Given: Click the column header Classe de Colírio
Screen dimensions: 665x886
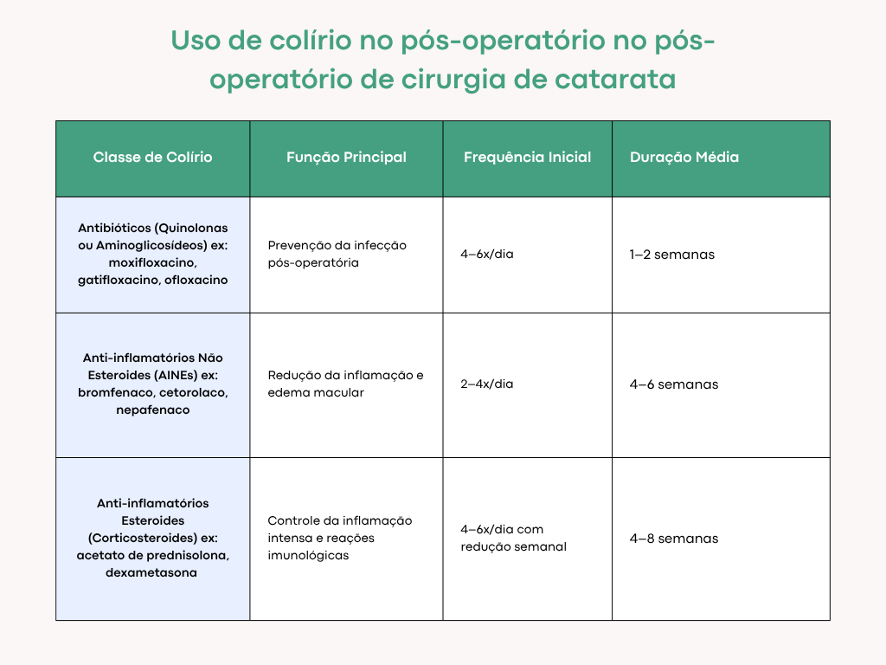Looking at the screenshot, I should click(152, 158).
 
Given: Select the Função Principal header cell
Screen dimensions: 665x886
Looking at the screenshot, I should click(346, 158).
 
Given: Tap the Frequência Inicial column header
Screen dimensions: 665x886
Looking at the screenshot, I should click(527, 158).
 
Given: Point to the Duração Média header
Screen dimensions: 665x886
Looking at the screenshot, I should click(684, 158).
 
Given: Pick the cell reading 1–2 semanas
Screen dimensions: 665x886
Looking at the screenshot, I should click(671, 255).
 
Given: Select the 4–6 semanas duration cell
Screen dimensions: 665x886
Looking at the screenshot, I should click(673, 384).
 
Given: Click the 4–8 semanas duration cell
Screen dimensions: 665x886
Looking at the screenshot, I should click(673, 539).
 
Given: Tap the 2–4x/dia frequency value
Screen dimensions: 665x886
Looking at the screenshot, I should click(486, 384).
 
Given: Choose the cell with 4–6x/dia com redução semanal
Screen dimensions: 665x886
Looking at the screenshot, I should click(513, 538).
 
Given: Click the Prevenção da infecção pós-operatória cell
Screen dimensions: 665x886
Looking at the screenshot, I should click(337, 254).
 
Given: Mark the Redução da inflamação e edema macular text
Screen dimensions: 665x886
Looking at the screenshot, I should click(345, 384).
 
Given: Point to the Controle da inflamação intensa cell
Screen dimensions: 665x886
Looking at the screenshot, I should click(339, 538).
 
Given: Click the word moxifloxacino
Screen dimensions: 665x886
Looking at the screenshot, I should click(152, 262).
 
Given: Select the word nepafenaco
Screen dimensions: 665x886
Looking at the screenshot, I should click(152, 410).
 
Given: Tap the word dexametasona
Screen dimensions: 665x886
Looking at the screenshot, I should click(152, 572).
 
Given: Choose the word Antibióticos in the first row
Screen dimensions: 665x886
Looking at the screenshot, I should click(113, 228).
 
